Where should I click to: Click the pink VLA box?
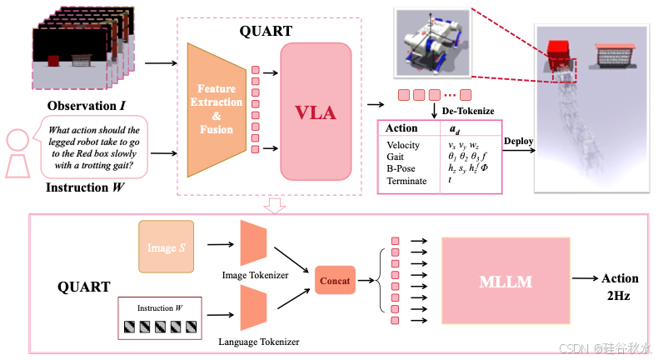317,112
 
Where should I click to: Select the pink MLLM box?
506,282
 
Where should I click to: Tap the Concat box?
334,281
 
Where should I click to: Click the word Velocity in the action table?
403,145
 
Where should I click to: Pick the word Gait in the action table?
396,157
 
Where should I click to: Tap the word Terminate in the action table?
406,181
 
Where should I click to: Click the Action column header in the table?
402,129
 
